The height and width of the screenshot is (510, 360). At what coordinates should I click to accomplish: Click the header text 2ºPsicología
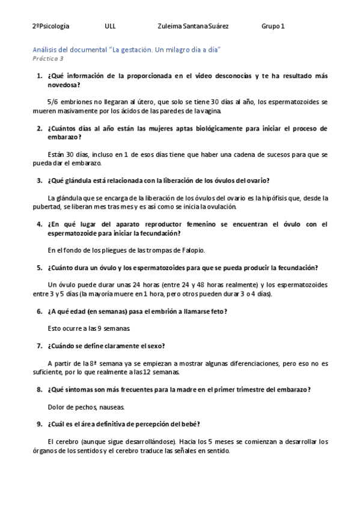coord(50,26)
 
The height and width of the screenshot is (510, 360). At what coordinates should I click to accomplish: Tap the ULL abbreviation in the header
coord(110,26)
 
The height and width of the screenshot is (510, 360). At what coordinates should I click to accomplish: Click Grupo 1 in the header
coord(273,26)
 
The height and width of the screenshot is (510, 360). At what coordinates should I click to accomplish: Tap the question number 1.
coord(39,76)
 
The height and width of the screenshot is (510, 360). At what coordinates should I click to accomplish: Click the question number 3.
coord(39,180)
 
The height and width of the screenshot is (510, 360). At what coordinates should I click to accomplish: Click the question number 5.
coord(39,268)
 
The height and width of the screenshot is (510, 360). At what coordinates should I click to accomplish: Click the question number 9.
coord(39,424)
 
